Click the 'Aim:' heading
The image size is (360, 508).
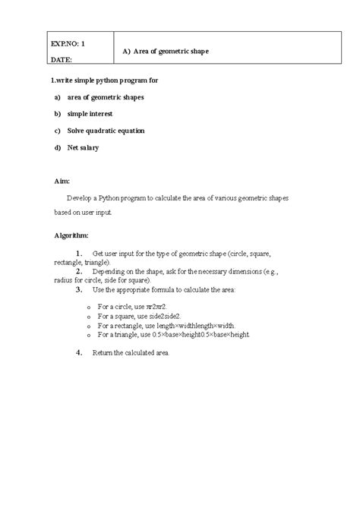tap(62, 181)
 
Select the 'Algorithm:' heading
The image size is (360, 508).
tap(71, 235)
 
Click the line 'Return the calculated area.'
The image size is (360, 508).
tap(131, 353)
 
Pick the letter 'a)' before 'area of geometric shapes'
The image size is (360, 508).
tap(57, 97)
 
